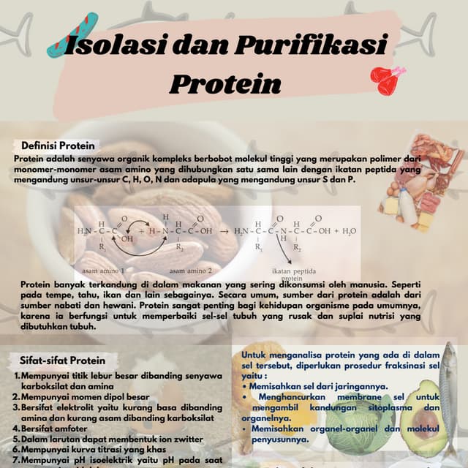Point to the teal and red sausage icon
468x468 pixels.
tap(73, 36)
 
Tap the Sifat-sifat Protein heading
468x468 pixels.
tap(63, 360)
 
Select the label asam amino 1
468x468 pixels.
tap(103, 270)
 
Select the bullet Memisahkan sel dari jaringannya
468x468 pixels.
tap(318, 386)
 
